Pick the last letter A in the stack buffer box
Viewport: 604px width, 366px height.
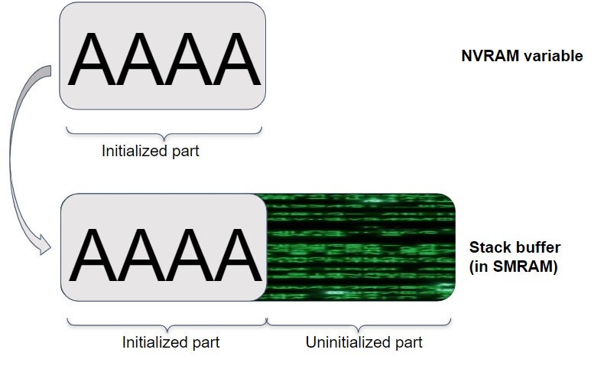click(x=231, y=253)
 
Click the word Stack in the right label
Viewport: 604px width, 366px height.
click(x=487, y=247)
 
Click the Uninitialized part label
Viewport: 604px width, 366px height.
click(x=364, y=341)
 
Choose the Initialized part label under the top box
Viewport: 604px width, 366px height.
click(x=150, y=151)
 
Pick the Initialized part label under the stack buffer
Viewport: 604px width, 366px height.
click(x=170, y=341)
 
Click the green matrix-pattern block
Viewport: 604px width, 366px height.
click(x=359, y=247)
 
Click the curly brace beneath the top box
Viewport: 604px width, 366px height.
click(x=164, y=131)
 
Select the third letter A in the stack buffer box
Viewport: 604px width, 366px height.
click(x=185, y=253)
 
